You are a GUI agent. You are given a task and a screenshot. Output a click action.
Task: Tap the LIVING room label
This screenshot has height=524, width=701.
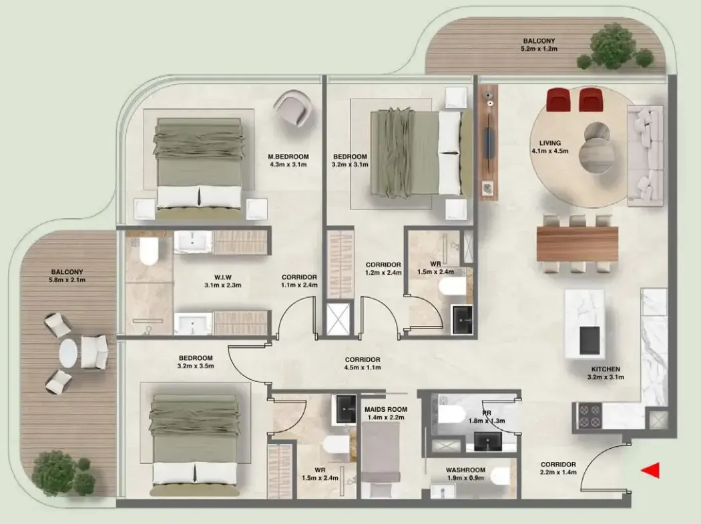(550, 143)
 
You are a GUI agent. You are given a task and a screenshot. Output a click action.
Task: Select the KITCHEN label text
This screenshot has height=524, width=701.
(606, 369)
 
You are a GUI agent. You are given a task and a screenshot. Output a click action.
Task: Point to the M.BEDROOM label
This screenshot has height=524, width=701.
(288, 157)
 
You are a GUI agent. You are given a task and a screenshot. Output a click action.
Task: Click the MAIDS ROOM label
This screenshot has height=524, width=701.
(386, 409)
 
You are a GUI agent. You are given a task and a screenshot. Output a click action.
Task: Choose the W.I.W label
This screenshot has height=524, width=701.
(222, 277)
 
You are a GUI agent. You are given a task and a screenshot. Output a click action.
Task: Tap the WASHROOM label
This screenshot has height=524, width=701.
(465, 470)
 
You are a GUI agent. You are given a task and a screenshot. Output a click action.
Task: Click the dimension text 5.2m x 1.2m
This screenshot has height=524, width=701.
(539, 49)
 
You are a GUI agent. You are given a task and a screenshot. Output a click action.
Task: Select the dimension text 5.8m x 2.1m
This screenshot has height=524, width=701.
(67, 280)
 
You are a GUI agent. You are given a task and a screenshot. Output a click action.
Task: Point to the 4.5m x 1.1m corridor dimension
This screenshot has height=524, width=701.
(363, 368)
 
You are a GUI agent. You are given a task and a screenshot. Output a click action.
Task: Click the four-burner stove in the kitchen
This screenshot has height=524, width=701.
(588, 416)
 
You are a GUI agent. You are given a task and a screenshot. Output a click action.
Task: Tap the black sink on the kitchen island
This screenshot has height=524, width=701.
(590, 339)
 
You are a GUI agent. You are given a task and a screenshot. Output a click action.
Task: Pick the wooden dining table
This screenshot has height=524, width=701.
(577, 244)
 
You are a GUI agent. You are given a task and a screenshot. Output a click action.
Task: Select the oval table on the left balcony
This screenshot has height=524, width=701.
(68, 353)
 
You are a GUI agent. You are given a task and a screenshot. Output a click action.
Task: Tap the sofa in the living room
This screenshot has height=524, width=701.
(646, 156)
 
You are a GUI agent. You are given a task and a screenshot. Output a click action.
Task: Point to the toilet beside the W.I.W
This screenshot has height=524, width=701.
(149, 252)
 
